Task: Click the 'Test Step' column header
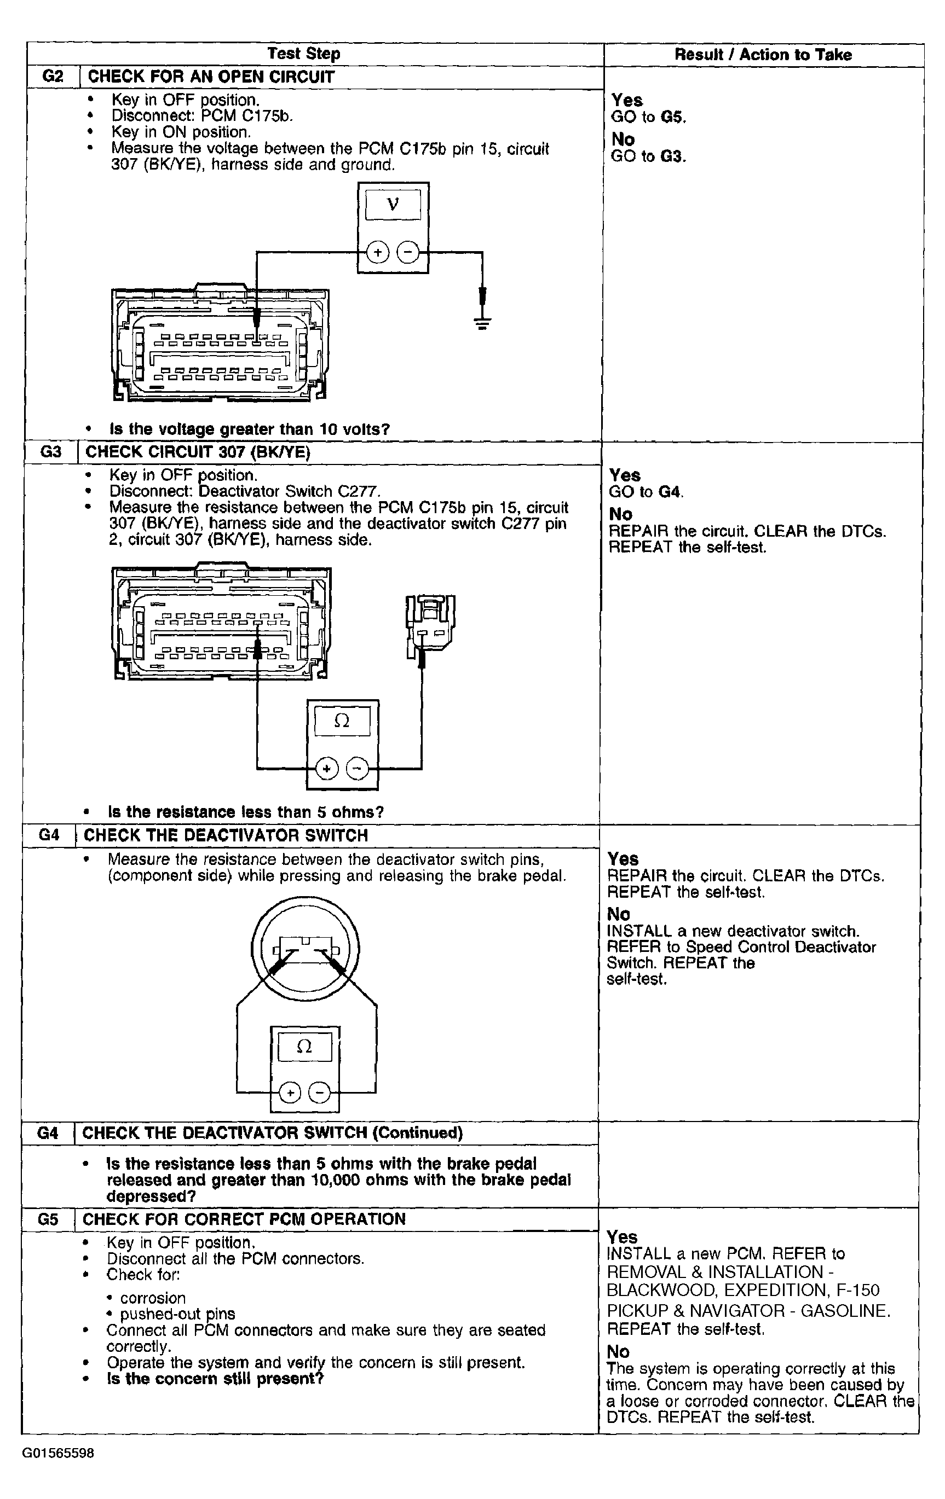[x=303, y=54]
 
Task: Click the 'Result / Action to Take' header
[x=763, y=55]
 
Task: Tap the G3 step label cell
[x=50, y=452]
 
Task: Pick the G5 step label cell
[x=48, y=1219]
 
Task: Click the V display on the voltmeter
[x=393, y=204]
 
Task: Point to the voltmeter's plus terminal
[x=377, y=253]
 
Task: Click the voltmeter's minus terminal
[x=408, y=253]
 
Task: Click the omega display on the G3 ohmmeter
[x=341, y=722]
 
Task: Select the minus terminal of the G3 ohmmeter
[x=357, y=769]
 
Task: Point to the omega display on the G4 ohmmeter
[x=304, y=1047]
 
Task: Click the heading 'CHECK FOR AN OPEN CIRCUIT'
[x=211, y=77]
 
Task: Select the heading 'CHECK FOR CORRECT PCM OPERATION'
[x=244, y=1219]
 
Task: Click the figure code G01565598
[x=59, y=1454]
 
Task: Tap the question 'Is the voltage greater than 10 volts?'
[x=249, y=429]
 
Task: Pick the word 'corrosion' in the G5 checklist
[x=153, y=1298]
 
